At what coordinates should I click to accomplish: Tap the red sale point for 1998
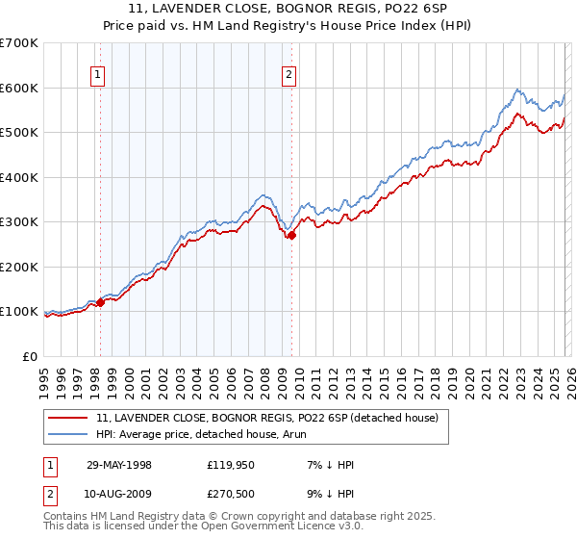100,302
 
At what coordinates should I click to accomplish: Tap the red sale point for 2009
291,235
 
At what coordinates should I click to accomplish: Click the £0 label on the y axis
29,356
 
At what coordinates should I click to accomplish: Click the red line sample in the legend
69,418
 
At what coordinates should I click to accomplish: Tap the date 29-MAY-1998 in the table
118,465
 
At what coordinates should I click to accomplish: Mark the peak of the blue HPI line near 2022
517,90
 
